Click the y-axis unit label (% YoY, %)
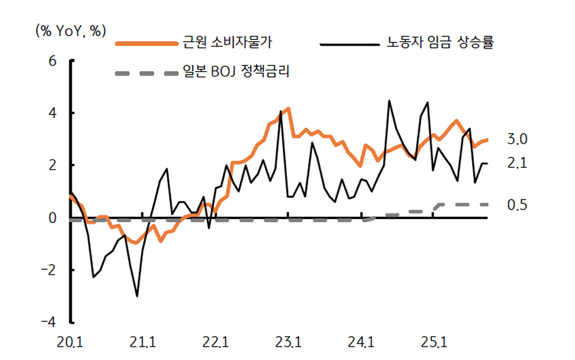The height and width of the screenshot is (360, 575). pos(70,31)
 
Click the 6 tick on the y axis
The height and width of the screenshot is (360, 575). pos(54,61)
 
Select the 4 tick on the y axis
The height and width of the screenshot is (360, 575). pos(54,113)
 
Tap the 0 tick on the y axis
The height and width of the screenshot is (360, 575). pos(54,218)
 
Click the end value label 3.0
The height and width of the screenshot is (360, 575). pos(517,139)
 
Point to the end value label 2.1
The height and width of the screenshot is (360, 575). pos(517,163)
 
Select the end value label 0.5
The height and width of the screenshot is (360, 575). pos(517,205)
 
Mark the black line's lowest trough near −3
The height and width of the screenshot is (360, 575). pos(136,296)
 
